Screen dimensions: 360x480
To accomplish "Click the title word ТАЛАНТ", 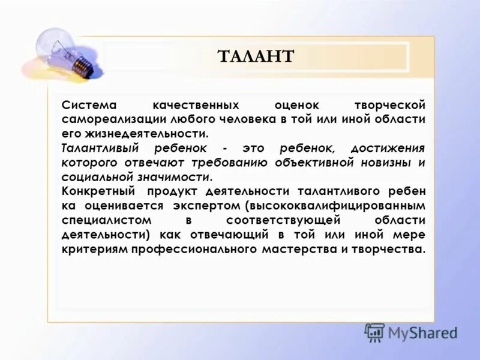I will click(x=256, y=57).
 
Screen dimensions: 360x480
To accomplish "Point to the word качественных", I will click(x=196, y=104).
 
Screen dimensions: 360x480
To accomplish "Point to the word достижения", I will click(x=388, y=148).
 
